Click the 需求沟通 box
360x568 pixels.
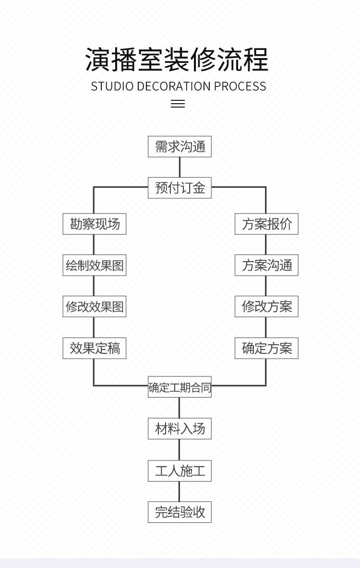point(180,147)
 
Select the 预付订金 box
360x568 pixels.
point(180,188)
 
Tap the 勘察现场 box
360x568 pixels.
point(95,224)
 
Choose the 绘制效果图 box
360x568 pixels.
point(95,266)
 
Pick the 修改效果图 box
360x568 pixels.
point(95,307)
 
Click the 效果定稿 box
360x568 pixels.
point(95,348)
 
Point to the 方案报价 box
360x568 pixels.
point(266,224)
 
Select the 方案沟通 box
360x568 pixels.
point(266,266)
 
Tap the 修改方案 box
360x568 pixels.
point(266,307)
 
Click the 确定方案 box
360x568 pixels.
point(266,348)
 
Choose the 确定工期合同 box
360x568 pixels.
point(180,387)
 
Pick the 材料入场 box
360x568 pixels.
point(180,428)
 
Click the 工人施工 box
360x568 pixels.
point(180,471)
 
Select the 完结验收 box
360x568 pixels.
point(180,512)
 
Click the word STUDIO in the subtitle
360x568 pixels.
point(112,86)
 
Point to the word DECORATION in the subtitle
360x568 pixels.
point(174,86)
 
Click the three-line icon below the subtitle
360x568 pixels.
point(178,104)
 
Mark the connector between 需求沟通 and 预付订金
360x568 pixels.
point(180,167)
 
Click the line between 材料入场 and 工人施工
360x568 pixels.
point(180,449)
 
